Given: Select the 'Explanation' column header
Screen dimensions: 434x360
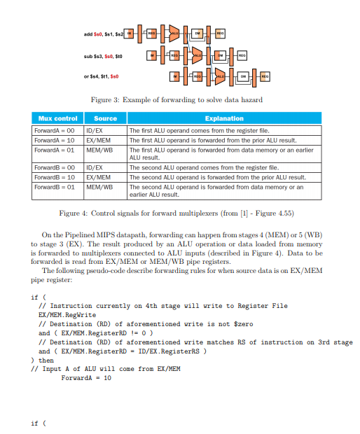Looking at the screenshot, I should click(x=224, y=118).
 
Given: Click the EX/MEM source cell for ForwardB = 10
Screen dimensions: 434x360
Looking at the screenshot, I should click(x=98, y=177).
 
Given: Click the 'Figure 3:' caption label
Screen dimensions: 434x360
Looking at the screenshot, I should click(x=107, y=100).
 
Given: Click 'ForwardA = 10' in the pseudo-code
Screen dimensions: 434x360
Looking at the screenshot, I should click(x=85, y=378).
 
